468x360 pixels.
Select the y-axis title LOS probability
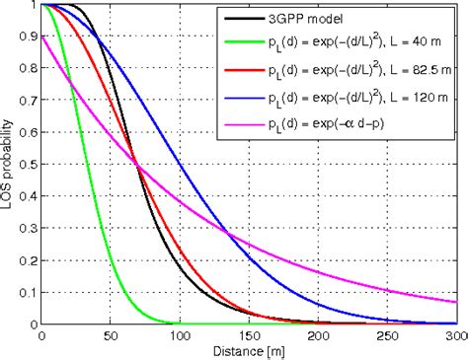(x=9, y=164)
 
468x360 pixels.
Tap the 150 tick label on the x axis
(x=249, y=336)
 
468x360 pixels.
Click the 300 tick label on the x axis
(x=455, y=336)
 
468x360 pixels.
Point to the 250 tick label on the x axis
(x=387, y=336)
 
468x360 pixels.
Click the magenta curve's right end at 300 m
(x=456, y=302)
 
